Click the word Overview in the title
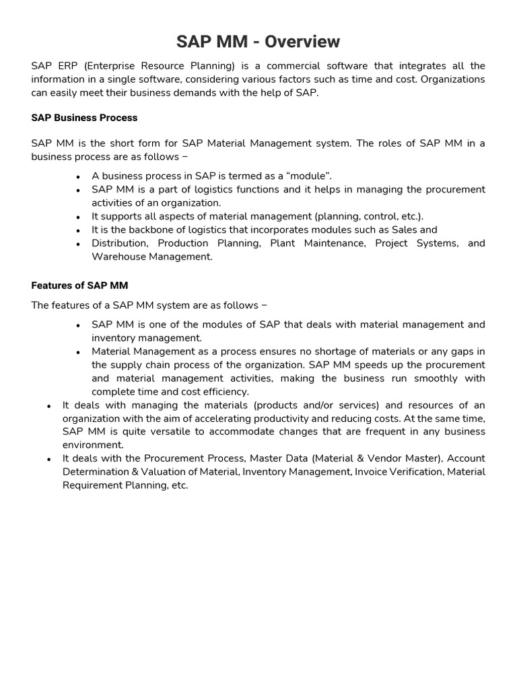[x=302, y=42]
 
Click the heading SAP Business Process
[x=84, y=118]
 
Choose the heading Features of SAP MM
[x=79, y=285]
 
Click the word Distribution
[x=119, y=244]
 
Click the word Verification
[x=413, y=472]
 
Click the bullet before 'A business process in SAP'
[x=79, y=177]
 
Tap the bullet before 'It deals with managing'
[x=49, y=406]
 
